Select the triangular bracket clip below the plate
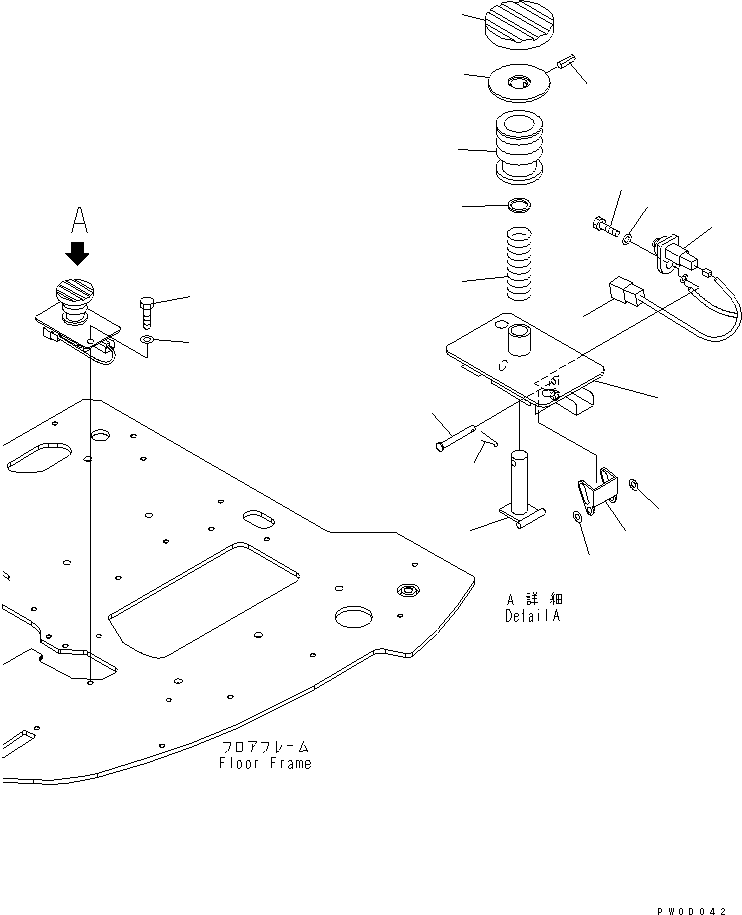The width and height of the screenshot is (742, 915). [598, 492]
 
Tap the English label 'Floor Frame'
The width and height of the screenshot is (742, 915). [265, 763]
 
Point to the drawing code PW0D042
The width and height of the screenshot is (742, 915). [699, 909]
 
